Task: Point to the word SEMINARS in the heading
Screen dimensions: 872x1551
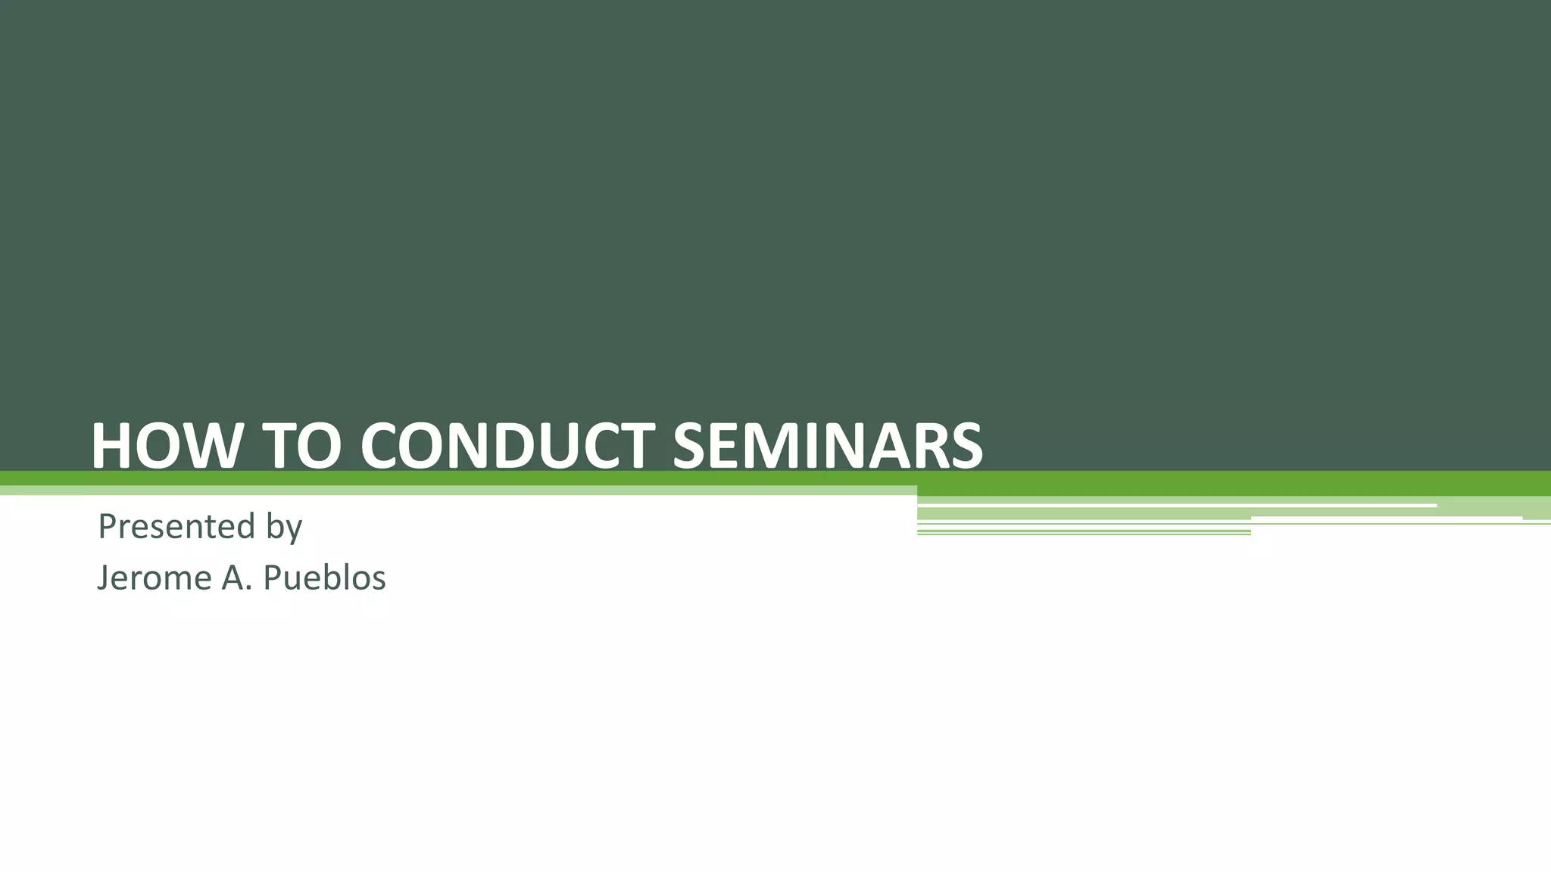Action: pos(827,447)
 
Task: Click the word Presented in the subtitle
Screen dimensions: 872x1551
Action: pos(176,526)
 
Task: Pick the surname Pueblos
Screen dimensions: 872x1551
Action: pos(324,578)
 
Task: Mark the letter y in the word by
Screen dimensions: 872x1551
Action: pos(294,529)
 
